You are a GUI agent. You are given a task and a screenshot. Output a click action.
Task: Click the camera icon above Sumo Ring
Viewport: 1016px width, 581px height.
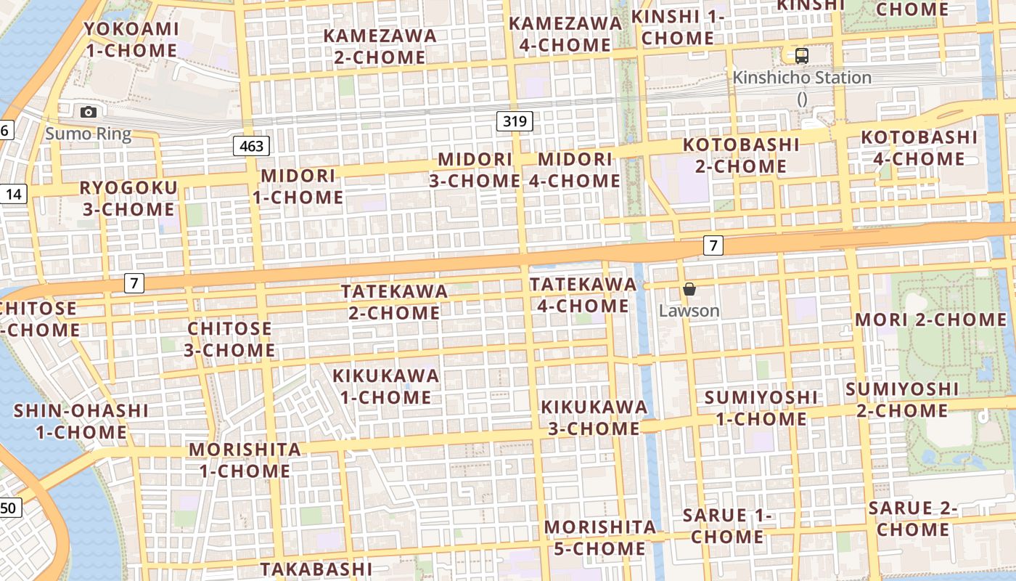pyautogui.click(x=89, y=112)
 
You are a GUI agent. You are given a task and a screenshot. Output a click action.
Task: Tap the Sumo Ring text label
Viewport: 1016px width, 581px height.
pyautogui.click(x=88, y=134)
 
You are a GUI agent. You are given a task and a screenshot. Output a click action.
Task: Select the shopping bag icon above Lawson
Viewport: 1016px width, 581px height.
pyautogui.click(x=689, y=289)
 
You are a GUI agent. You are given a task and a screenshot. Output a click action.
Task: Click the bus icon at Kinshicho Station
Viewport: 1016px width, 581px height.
pyautogui.click(x=801, y=55)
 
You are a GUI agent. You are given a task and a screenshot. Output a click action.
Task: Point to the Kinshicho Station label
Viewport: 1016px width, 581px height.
pyautogui.click(x=802, y=78)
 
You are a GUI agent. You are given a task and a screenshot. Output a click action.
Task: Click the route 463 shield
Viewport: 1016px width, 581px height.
pyautogui.click(x=252, y=146)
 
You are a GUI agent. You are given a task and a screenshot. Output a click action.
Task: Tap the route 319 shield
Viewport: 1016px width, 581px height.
pyautogui.click(x=515, y=121)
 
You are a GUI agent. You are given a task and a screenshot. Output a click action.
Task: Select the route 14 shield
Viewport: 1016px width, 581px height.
pyautogui.click(x=13, y=194)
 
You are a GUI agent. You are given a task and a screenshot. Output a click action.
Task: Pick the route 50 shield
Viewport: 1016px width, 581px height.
pyautogui.click(x=8, y=507)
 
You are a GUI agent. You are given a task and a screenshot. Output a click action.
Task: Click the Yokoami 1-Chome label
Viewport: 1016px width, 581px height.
pyautogui.click(x=131, y=39)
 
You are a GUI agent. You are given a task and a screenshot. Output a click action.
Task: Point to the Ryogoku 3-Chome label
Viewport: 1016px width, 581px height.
pyautogui.click(x=128, y=198)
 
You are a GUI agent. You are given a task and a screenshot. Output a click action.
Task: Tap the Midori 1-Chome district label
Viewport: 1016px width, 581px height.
pyautogui.click(x=298, y=186)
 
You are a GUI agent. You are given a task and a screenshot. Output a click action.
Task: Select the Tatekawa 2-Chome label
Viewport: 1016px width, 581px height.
pyautogui.click(x=394, y=301)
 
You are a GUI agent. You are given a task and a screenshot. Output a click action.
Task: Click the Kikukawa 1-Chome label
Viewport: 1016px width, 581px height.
pyautogui.click(x=386, y=386)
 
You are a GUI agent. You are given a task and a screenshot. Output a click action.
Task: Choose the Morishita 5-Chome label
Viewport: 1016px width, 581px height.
pyautogui.click(x=599, y=537)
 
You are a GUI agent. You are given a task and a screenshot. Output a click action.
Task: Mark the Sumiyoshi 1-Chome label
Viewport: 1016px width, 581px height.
pyautogui.click(x=761, y=408)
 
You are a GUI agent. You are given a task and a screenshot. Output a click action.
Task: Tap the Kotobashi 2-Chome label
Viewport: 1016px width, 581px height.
pyautogui.click(x=740, y=155)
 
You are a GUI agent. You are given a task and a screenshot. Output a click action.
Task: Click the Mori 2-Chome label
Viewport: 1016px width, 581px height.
pyautogui.click(x=930, y=320)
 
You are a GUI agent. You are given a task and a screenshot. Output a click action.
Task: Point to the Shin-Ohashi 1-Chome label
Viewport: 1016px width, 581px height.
pyautogui.click(x=81, y=421)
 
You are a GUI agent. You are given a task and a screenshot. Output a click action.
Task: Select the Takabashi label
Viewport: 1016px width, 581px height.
pyautogui.click(x=316, y=568)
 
